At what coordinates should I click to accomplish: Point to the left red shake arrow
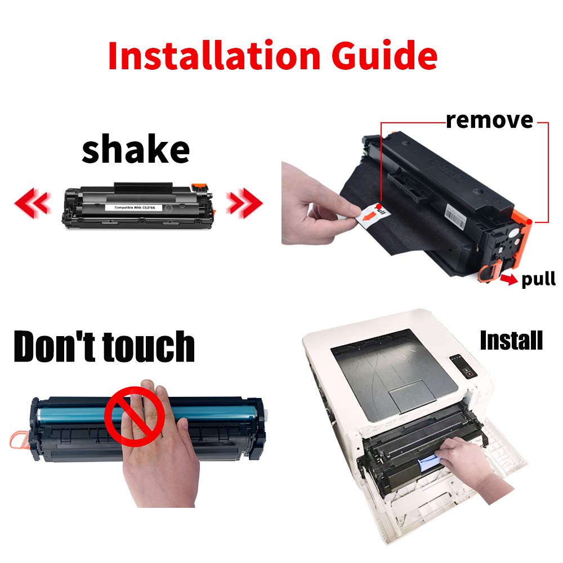[32, 202]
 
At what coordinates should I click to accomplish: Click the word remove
[489, 119]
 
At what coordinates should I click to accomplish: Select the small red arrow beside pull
[510, 279]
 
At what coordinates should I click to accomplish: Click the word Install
[511, 340]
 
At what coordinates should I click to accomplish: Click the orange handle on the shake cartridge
[197, 186]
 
